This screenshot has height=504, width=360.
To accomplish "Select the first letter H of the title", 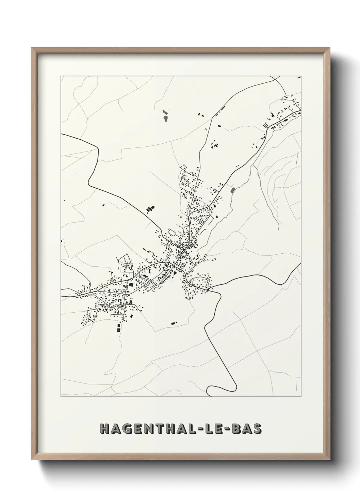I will [104, 429].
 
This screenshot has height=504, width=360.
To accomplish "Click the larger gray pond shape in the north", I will [165, 118].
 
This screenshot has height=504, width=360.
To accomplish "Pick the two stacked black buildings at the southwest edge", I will [119, 328].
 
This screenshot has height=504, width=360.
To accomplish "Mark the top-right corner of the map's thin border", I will [301, 77].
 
